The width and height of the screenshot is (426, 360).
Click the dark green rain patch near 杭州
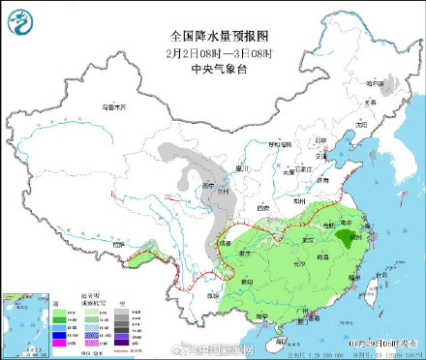tap(344, 239)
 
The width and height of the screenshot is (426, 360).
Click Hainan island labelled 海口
tap(278, 336)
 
